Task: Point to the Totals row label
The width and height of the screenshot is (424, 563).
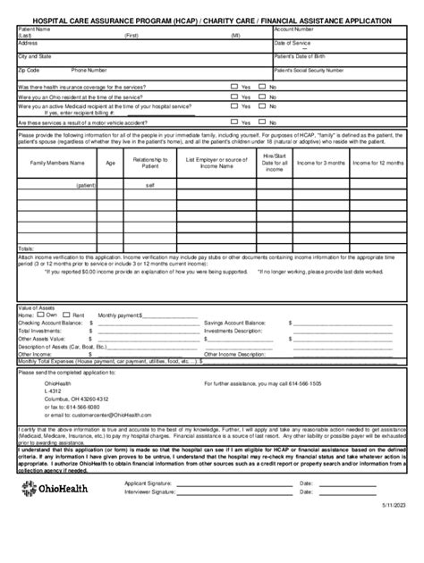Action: pyautogui.click(x=27, y=248)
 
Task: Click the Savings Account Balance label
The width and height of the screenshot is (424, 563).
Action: pyautogui.click(x=236, y=322)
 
